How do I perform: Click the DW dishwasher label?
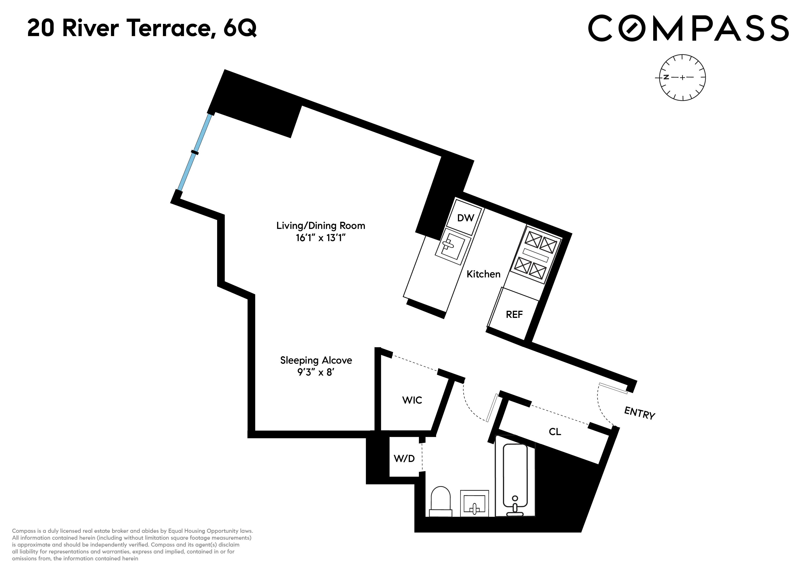[x=465, y=218]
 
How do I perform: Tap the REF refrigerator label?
[x=514, y=315]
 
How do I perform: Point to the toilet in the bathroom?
[x=440, y=502]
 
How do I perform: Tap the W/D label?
[x=404, y=458]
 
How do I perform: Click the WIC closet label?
[x=412, y=400]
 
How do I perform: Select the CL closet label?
[x=555, y=432]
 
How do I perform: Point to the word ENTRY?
[x=640, y=413]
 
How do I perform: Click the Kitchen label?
[x=483, y=274]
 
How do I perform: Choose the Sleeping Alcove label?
[x=316, y=360]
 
